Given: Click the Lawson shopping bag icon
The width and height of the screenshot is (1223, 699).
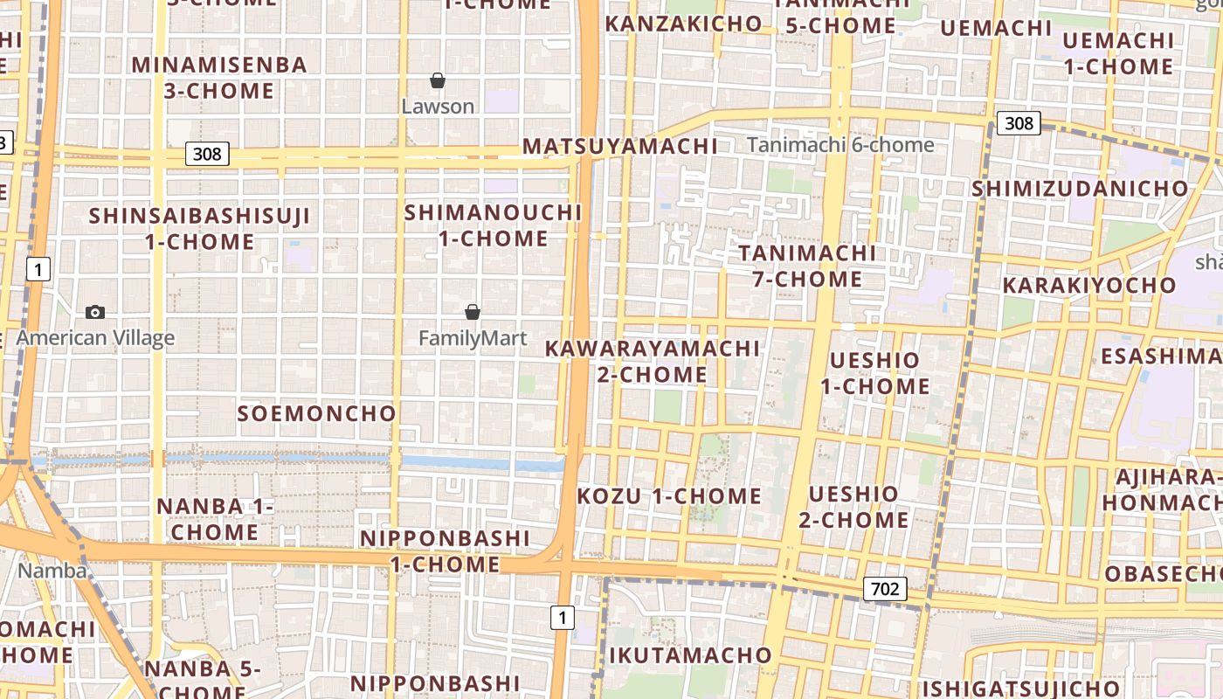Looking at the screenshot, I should (438, 81).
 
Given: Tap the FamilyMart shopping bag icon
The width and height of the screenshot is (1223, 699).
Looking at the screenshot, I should (473, 312).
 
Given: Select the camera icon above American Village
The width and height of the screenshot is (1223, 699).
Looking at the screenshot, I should (95, 312).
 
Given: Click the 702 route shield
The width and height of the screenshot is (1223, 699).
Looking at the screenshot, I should (885, 589).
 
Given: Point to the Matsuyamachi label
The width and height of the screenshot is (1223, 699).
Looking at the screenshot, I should (620, 146).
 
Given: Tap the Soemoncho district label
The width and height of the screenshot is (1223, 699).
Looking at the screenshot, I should (317, 413).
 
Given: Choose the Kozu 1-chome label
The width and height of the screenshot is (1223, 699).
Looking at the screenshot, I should (669, 496).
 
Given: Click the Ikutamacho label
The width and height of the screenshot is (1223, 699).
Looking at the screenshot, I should (690, 655).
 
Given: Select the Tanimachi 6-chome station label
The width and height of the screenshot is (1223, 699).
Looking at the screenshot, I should (840, 145).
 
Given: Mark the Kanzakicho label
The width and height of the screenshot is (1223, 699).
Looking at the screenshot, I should (683, 24).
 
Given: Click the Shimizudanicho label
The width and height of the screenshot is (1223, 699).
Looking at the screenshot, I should (1080, 189).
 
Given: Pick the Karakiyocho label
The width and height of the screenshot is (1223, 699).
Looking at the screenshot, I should (1089, 286).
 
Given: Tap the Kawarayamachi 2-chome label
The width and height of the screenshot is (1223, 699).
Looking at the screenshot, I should (653, 362).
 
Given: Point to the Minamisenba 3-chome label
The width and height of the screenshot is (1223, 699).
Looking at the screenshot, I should (219, 78).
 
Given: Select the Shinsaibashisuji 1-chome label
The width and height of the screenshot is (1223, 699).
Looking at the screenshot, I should (200, 229).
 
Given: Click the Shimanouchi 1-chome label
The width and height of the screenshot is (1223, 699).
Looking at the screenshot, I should (493, 225).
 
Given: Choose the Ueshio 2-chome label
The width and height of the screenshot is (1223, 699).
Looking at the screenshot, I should (853, 507).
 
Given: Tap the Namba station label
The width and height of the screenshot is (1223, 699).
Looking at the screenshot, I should (52, 571).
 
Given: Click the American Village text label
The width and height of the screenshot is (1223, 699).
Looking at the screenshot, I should (95, 338).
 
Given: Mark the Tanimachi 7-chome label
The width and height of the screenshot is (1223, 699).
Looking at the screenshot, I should (807, 266).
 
